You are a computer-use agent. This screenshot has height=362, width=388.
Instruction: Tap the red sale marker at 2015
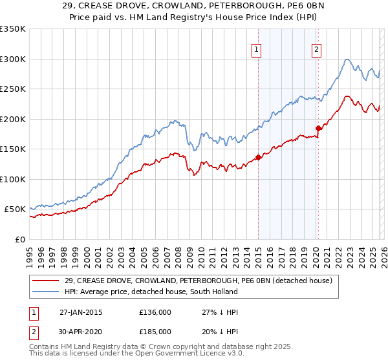tap(258, 157)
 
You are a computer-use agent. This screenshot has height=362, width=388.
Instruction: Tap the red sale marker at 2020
tap(318, 128)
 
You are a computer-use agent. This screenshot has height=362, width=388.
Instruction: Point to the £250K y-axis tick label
tap(13, 89)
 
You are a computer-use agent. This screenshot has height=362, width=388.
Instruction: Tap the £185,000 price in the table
tap(155, 332)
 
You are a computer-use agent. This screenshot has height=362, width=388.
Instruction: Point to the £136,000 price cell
tap(155, 312)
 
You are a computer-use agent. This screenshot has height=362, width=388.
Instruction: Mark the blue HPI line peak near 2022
tap(347, 59)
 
